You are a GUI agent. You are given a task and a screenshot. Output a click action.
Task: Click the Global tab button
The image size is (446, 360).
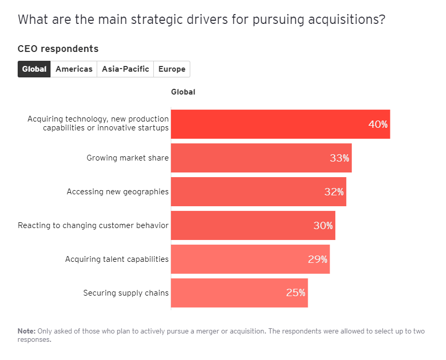(34, 69)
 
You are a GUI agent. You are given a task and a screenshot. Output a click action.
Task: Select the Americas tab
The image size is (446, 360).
(74, 69)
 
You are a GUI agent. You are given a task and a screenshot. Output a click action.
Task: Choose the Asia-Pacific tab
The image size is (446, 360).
(125, 69)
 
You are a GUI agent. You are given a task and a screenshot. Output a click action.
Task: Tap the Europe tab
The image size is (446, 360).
(172, 69)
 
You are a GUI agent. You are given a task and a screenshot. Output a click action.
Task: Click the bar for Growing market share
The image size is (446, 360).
(250, 158)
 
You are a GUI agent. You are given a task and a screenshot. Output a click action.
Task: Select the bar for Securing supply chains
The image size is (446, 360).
(229, 293)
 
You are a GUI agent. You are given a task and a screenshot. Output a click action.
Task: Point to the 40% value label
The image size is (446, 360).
(378, 124)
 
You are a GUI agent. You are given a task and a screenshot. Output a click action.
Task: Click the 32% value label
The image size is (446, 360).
(334, 192)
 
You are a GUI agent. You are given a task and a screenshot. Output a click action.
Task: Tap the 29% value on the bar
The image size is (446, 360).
(317, 259)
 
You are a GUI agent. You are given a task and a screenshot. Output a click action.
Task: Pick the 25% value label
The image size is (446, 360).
(295, 293)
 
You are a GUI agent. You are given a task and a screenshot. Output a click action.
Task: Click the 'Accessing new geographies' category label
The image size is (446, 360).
(117, 192)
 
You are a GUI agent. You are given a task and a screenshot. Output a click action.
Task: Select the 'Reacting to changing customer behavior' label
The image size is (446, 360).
(93, 225)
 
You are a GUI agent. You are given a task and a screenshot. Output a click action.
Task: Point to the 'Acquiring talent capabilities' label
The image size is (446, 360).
(117, 259)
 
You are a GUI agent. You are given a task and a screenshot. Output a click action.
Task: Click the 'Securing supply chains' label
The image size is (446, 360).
(126, 293)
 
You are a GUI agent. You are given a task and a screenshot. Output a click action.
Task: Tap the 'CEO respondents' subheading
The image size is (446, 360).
(58, 49)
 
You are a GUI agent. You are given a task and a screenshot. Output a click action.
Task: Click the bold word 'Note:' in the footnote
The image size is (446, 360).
(26, 331)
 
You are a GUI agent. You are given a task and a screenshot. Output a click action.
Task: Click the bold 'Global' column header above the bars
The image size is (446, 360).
(183, 92)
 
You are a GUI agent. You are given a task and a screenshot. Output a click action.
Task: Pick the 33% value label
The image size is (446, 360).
(339, 158)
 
